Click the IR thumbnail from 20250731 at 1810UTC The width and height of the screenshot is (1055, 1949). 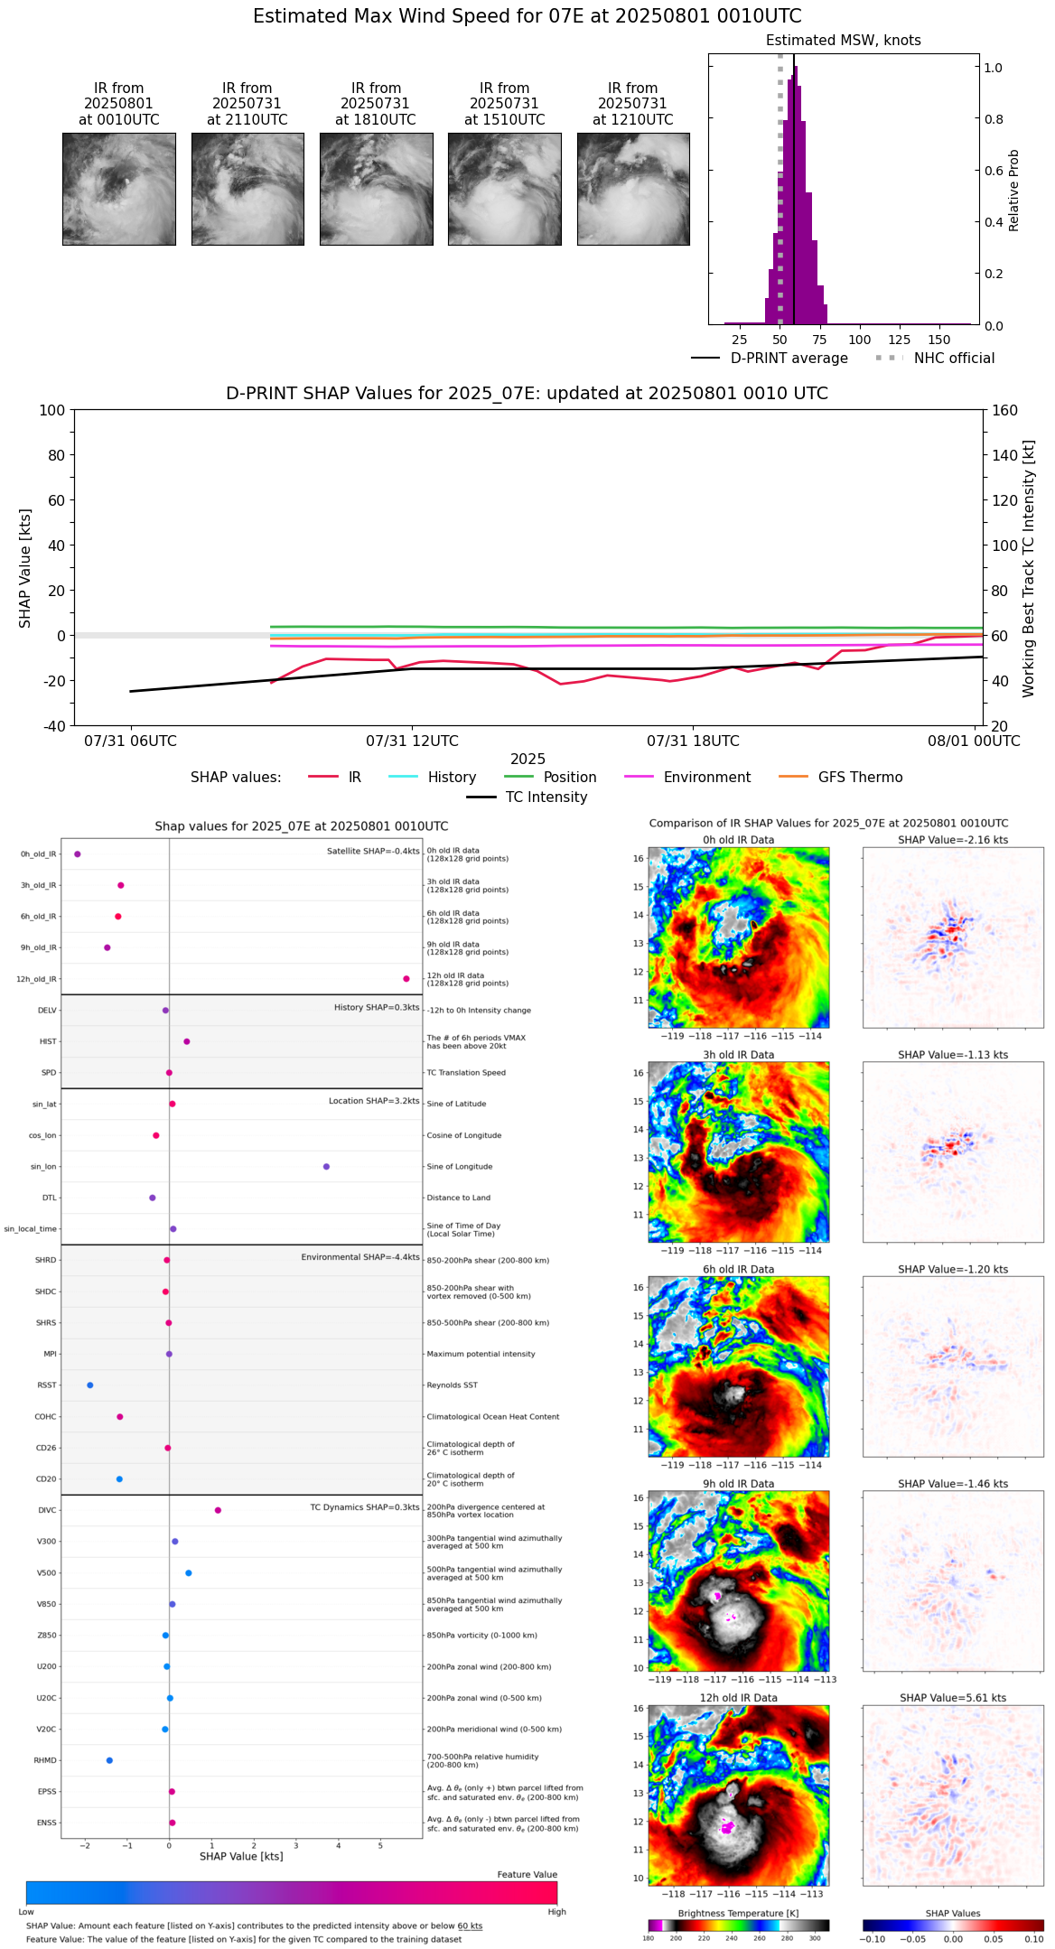point(376,189)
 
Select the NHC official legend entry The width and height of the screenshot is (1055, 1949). point(935,359)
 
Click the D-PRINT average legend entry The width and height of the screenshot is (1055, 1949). point(770,359)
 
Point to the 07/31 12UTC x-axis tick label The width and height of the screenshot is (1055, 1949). point(412,741)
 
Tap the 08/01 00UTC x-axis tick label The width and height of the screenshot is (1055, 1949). point(974,741)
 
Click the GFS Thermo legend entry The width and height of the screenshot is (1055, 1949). point(840,778)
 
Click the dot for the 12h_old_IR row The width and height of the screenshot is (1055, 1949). point(406,979)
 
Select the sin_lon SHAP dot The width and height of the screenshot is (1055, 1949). point(326,1167)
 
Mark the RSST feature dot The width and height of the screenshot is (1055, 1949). point(89,1385)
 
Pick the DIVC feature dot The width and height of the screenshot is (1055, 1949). point(218,1510)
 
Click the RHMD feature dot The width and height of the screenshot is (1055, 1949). point(109,1760)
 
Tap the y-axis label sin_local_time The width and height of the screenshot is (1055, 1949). point(31,1229)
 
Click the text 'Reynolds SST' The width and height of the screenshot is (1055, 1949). point(452,1385)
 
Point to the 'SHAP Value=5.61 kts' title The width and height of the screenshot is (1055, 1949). point(953,1698)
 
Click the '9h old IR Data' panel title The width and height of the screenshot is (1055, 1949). point(738,1484)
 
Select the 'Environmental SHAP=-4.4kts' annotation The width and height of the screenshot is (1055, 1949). point(360,1257)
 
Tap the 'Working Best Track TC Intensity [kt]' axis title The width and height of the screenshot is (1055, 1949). point(1029,569)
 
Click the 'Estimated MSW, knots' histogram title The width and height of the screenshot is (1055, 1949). point(843,41)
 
